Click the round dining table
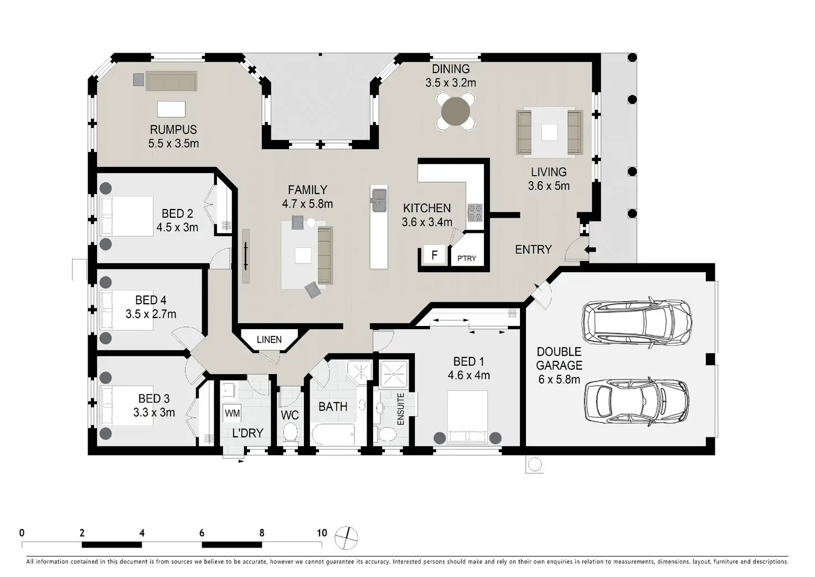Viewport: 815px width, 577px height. tap(455, 111)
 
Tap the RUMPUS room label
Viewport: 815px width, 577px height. tap(173, 130)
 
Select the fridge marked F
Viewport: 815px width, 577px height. tap(435, 255)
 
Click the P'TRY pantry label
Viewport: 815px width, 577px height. tap(466, 258)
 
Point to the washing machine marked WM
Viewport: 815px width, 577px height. tap(232, 413)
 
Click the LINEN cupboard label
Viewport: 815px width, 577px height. tap(269, 340)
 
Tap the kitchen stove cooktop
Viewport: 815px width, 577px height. tap(475, 212)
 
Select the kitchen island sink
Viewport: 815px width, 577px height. tap(379, 200)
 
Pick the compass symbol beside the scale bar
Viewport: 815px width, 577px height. tap(346, 538)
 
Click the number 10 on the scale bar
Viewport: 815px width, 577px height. tap(322, 533)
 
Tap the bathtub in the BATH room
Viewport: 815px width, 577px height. tap(333, 434)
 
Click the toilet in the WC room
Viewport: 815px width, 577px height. tap(290, 432)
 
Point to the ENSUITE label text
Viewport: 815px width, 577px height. tap(401, 409)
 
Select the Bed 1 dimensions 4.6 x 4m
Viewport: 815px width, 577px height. tap(468, 375)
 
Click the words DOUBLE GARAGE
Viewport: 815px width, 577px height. tap(559, 359)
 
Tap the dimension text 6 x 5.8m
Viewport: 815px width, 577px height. tap(559, 380)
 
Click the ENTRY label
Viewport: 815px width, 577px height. tap(533, 249)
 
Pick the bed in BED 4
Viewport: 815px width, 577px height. tap(126, 310)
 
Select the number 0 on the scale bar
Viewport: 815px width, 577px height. tap(22, 533)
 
